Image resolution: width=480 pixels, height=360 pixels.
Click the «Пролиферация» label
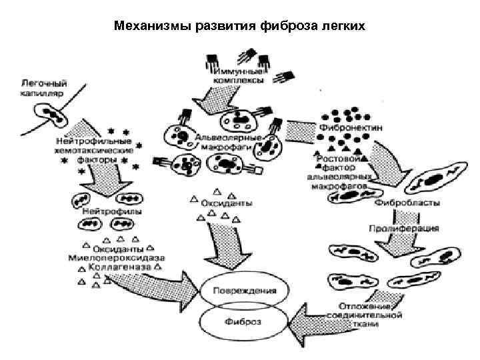click(403, 229)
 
